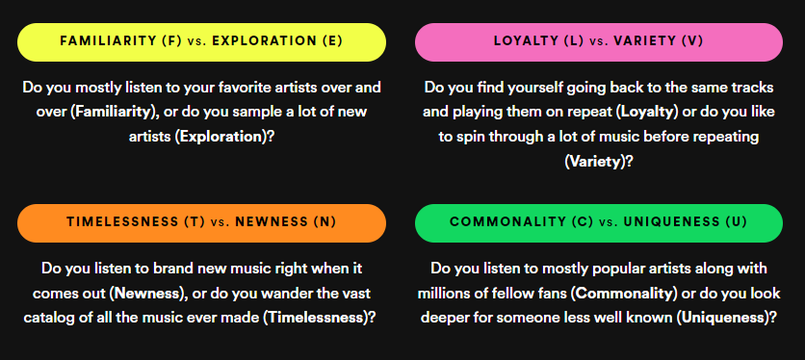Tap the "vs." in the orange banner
pyautogui.click(x=224, y=222)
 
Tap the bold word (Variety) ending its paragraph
pyautogui.click(x=594, y=162)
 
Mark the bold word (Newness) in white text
pyautogui.click(x=144, y=292)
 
